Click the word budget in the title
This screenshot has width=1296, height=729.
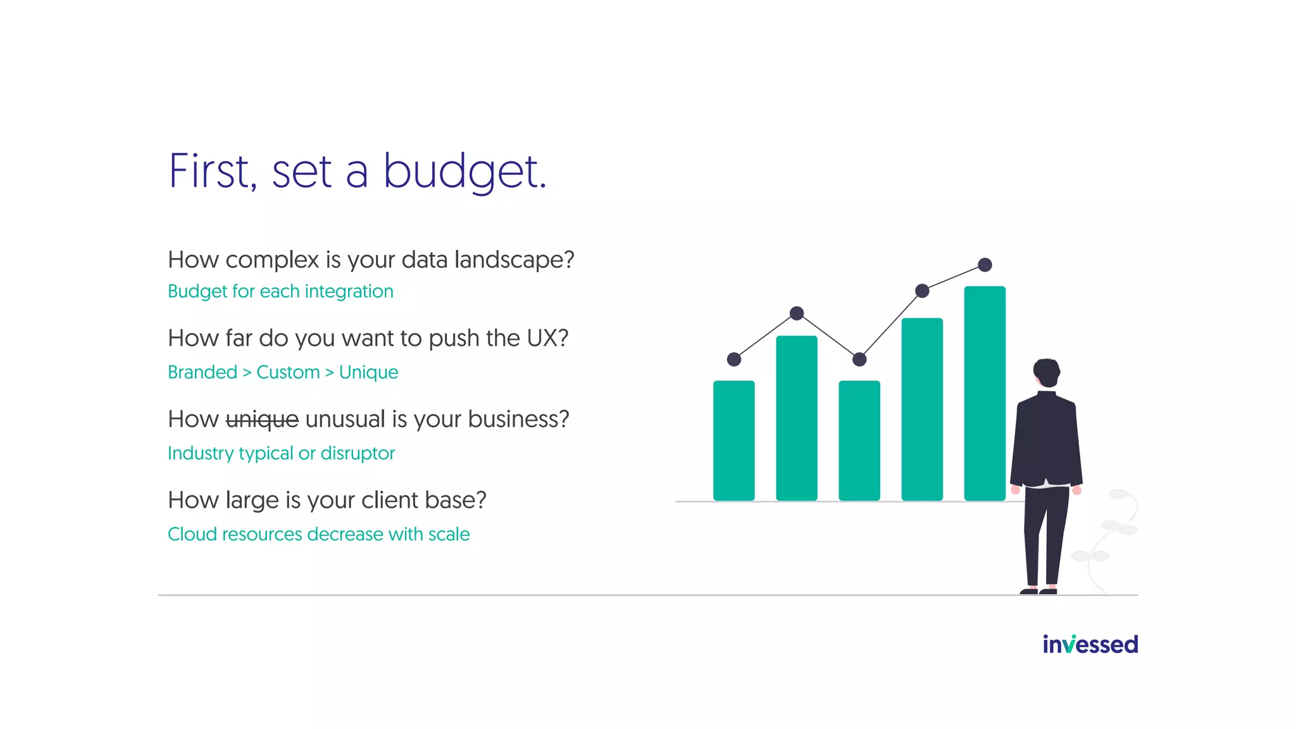coord(464,172)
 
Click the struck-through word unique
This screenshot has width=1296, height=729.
coord(262,420)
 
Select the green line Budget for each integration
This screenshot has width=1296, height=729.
coord(280,291)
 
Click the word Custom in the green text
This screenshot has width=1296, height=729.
coord(288,372)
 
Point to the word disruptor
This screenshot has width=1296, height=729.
coord(358,453)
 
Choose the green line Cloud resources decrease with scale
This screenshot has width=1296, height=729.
coord(318,534)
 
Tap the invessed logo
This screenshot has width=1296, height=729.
coord(1090,644)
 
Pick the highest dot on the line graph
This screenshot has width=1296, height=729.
coord(985,265)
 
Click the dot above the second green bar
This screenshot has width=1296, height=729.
coord(797,313)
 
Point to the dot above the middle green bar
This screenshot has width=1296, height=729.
coord(859,359)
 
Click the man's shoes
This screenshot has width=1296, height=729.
coord(1038,591)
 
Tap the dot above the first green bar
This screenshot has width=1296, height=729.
coord(734,359)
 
